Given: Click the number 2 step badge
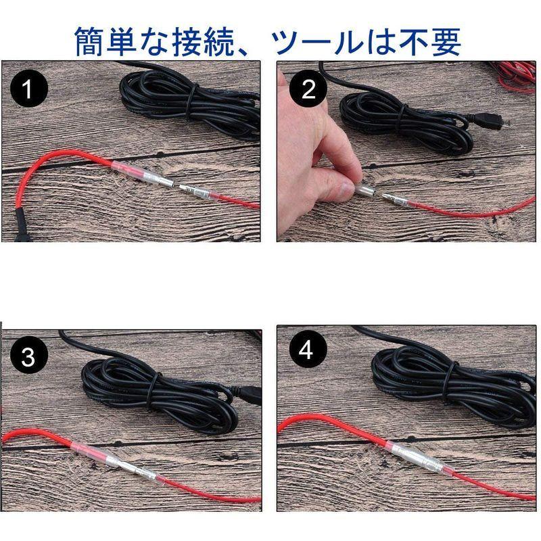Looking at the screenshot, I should tap(308, 90).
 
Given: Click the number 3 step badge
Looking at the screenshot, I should tap(28, 356).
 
